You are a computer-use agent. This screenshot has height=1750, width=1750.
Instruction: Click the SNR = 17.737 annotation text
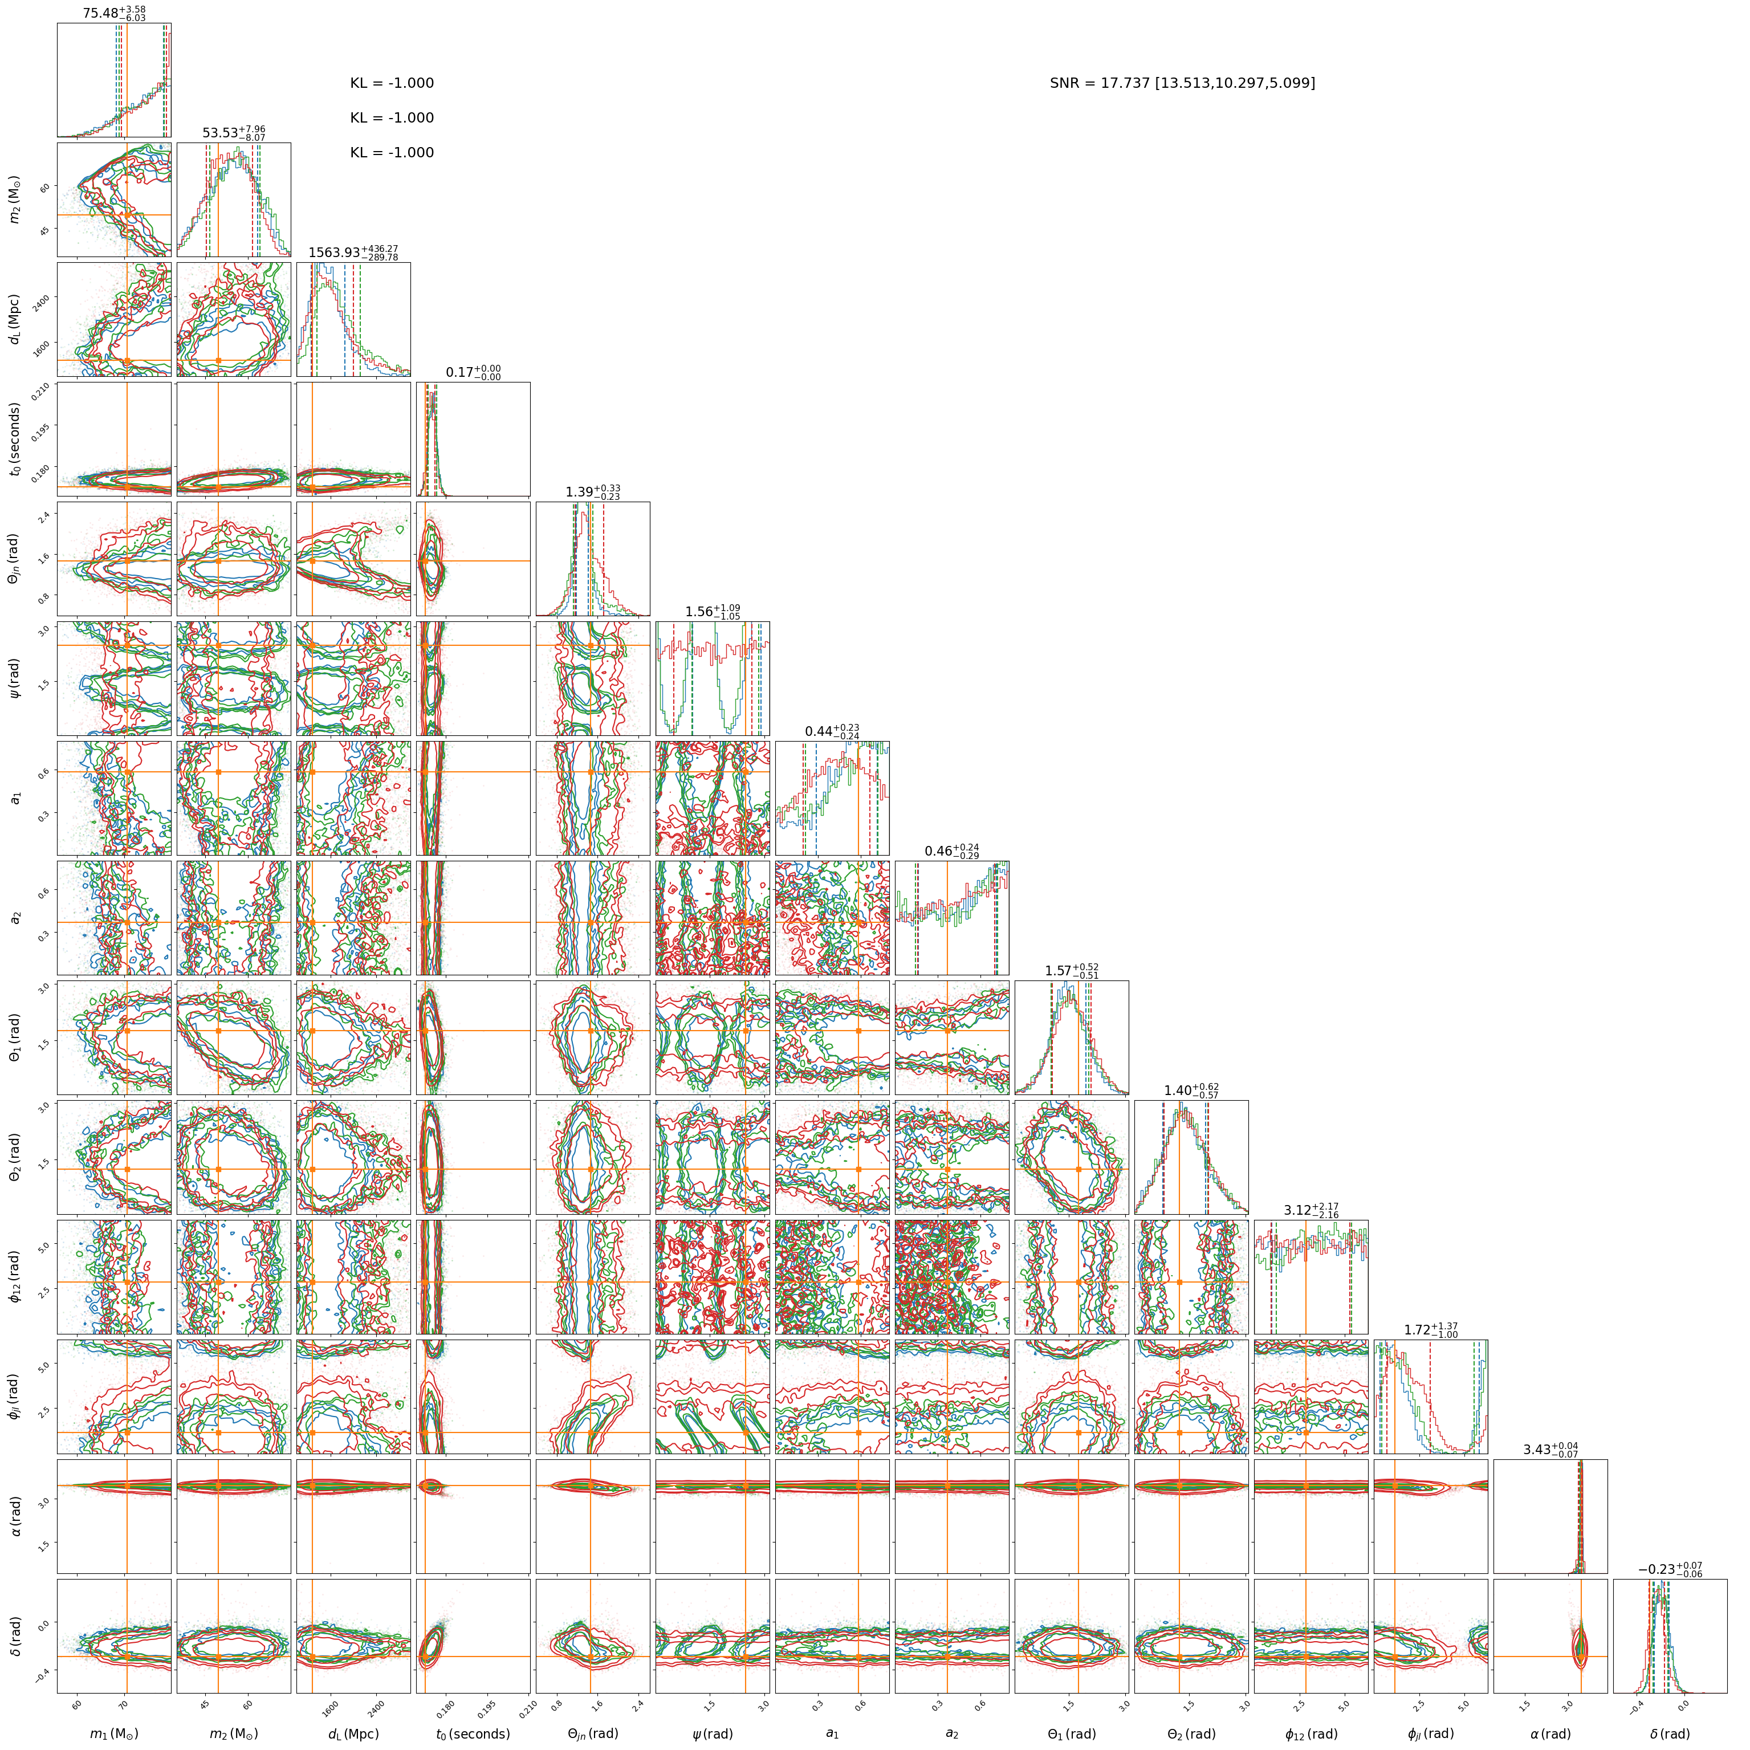point(1182,83)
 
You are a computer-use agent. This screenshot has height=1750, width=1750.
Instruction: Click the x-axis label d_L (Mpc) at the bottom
point(353,1733)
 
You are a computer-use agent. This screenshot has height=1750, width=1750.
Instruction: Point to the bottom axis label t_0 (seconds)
point(473,1733)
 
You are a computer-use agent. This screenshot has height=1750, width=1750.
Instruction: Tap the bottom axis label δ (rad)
point(1670,1733)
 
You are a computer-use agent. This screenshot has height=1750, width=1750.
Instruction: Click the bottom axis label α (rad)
point(1550,1733)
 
